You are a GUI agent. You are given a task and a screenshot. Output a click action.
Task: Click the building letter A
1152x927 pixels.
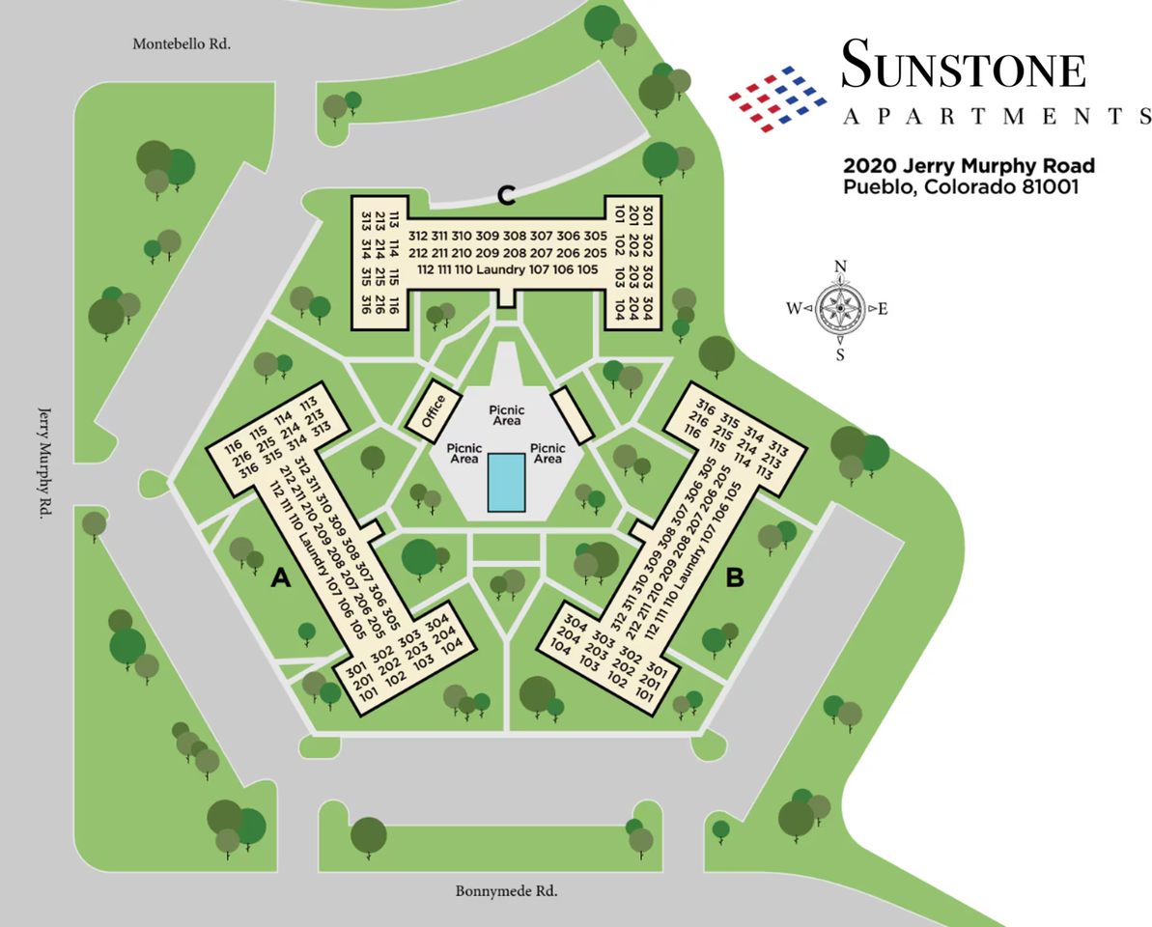(x=281, y=578)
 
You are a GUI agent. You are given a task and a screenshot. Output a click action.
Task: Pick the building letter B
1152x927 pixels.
(x=735, y=578)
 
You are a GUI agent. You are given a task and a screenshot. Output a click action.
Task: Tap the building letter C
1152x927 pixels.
(x=506, y=195)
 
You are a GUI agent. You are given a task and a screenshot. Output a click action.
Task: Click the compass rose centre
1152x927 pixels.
(x=841, y=309)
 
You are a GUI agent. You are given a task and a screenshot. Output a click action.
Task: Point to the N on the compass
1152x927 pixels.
(x=841, y=267)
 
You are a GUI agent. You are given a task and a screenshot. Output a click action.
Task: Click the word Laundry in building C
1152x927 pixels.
(x=499, y=269)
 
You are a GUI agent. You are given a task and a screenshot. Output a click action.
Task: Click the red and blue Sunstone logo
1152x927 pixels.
(x=780, y=98)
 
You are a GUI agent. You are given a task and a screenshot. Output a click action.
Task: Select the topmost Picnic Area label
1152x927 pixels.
(x=506, y=415)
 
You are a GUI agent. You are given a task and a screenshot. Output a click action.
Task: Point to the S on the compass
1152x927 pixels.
(x=841, y=354)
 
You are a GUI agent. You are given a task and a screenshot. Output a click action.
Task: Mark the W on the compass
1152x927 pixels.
(x=794, y=310)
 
